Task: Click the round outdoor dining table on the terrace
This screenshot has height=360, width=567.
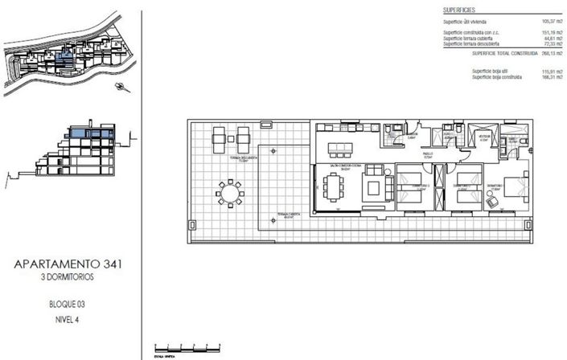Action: pyautogui.click(x=229, y=194)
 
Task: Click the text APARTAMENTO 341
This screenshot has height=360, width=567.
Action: pyautogui.click(x=68, y=264)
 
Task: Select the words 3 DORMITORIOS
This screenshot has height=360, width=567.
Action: pyautogui.click(x=68, y=277)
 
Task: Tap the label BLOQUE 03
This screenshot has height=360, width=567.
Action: pyautogui.click(x=68, y=306)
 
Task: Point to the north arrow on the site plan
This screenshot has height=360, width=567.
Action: pyautogui.click(x=121, y=86)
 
